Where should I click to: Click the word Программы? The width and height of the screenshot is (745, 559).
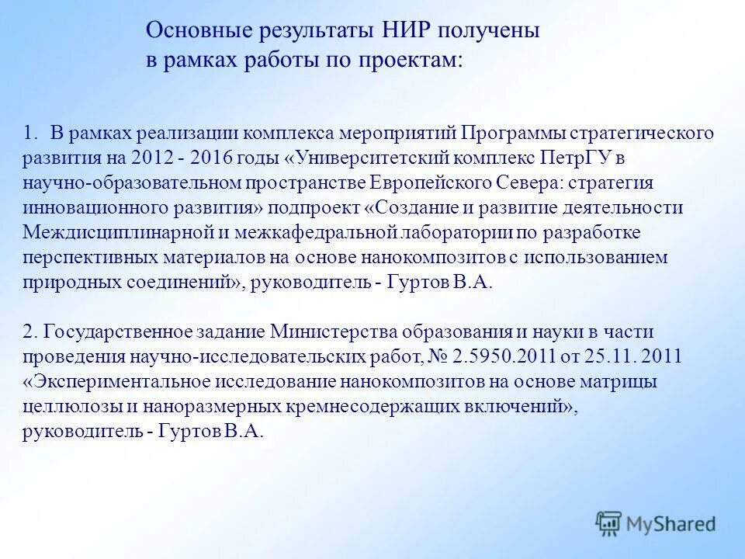click(x=508, y=133)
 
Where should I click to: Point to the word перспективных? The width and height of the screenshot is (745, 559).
click(x=83, y=257)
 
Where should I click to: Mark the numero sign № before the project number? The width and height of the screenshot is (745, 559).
click(x=439, y=357)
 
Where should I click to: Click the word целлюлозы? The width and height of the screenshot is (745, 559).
click(x=64, y=406)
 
